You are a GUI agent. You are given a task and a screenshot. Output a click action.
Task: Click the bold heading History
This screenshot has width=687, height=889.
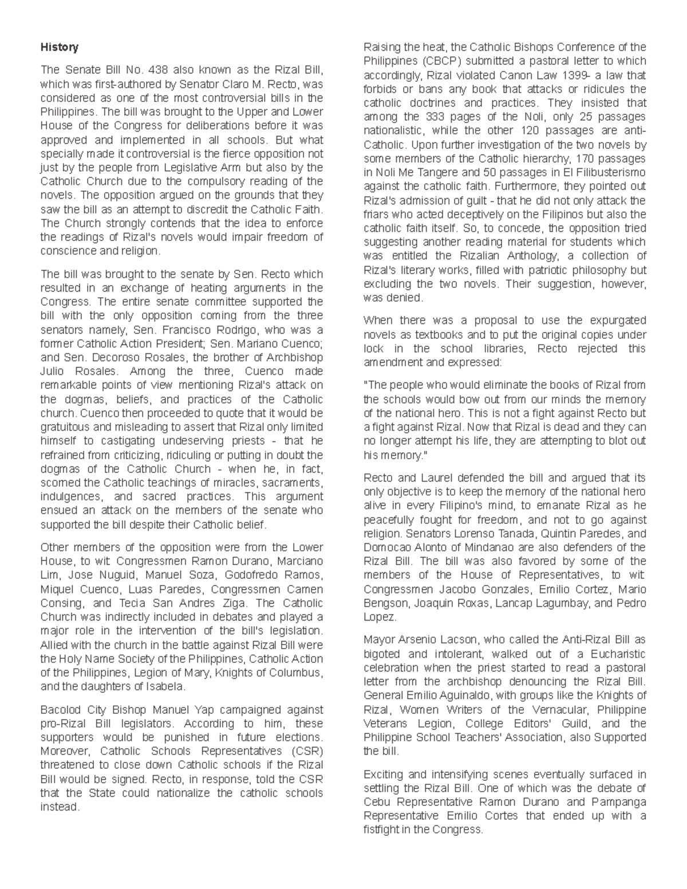(x=59, y=47)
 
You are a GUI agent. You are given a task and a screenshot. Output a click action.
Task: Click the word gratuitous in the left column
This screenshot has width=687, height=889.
(x=68, y=427)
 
